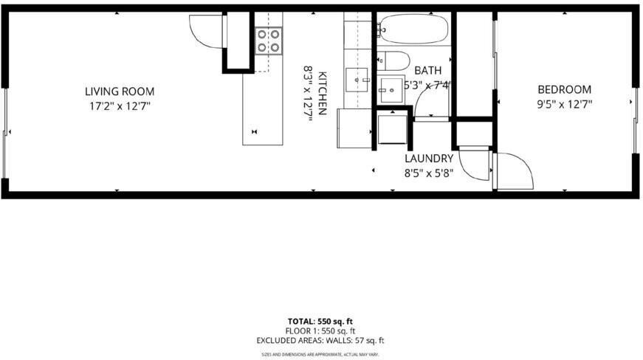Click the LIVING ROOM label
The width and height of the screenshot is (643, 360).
120,91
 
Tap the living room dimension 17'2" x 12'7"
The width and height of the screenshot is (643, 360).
120,105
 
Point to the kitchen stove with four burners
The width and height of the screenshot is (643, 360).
269,40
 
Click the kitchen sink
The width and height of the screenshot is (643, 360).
357,77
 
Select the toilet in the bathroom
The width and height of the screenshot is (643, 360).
394,60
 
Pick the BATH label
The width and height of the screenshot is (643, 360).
427,70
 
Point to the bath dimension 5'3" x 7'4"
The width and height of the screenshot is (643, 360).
427,85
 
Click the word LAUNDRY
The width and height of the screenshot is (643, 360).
428,159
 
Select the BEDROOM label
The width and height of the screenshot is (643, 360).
564,89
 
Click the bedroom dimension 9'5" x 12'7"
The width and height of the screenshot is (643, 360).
564,104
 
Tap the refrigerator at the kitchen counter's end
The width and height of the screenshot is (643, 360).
354,128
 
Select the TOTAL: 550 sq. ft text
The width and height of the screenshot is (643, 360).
320,321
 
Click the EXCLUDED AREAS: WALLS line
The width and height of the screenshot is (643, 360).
320,340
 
